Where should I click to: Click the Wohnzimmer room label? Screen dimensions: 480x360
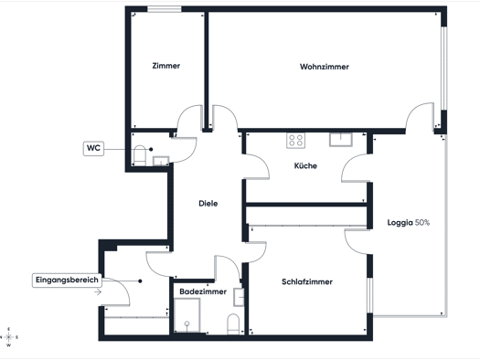pyautogui.click(x=325, y=67)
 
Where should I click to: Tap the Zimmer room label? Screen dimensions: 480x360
pyautogui.click(x=165, y=66)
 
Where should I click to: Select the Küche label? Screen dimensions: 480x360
pyautogui.click(x=305, y=165)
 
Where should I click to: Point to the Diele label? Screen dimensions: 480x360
pyautogui.click(x=208, y=204)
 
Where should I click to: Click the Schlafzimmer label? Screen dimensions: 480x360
pyautogui.click(x=307, y=281)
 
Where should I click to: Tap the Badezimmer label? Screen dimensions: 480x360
pyautogui.click(x=203, y=291)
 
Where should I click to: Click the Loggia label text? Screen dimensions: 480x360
pyautogui.click(x=400, y=223)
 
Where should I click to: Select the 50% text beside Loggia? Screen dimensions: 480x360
pyautogui.click(x=422, y=223)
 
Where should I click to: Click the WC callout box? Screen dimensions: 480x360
pyautogui.click(x=93, y=148)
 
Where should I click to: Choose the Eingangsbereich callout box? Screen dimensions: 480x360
pyautogui.click(x=67, y=281)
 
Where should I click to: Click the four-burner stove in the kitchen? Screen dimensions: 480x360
pyautogui.click(x=295, y=141)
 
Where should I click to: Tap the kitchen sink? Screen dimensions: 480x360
pyautogui.click(x=341, y=140)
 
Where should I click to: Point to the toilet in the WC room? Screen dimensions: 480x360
pyautogui.click(x=140, y=155)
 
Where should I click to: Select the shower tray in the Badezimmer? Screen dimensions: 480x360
pyautogui.click(x=187, y=315)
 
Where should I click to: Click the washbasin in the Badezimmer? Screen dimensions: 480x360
pyautogui.click(x=239, y=297)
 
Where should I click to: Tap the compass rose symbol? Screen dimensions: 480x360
pyautogui.click(x=8, y=337)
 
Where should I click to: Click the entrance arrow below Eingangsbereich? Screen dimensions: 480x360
pyautogui.click(x=98, y=292)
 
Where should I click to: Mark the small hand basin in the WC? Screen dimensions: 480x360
pyautogui.click(x=161, y=161)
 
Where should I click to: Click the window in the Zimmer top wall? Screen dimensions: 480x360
pyautogui.click(x=165, y=9)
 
